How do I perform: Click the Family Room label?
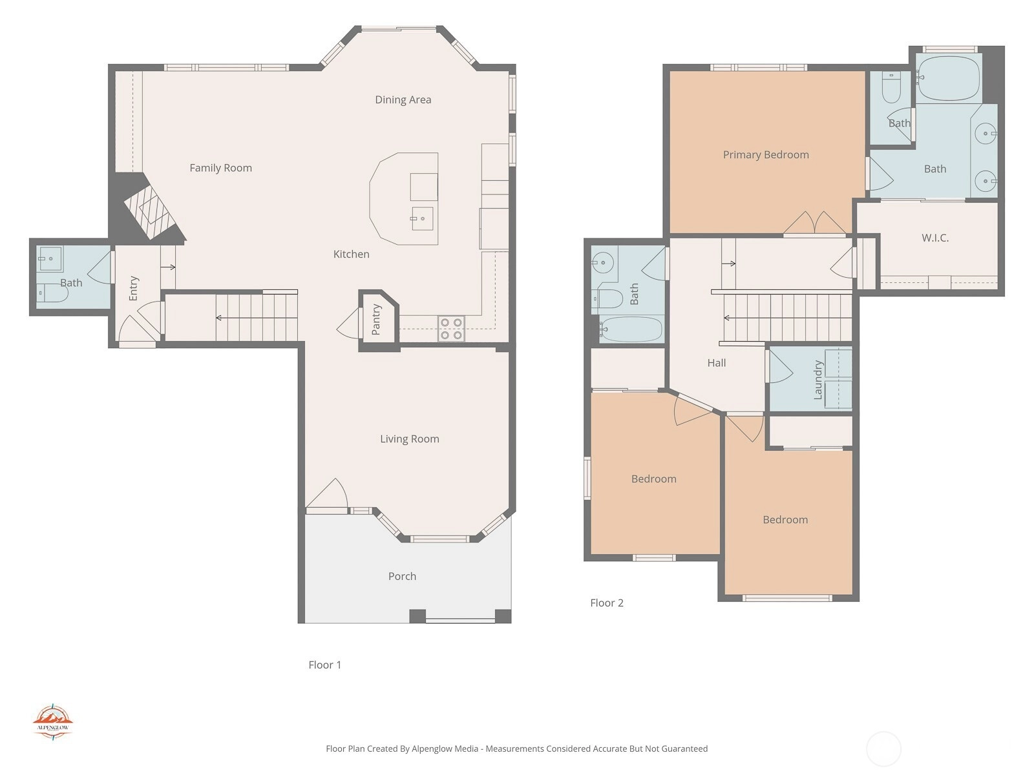(x=220, y=168)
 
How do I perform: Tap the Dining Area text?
(x=403, y=99)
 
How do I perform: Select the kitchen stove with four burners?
(x=451, y=329)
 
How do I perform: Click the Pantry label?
(x=376, y=320)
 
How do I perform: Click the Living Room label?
(x=409, y=439)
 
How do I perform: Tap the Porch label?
(x=402, y=576)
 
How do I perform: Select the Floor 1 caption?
(x=324, y=665)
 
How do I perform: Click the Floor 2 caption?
(x=607, y=603)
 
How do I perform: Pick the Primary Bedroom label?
(x=766, y=155)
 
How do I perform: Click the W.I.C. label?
(x=935, y=238)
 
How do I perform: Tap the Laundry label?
(x=818, y=380)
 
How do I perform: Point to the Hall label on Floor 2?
(x=717, y=363)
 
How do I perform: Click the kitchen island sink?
(x=422, y=219)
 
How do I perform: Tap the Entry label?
(x=133, y=289)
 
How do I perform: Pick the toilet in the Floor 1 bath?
(x=53, y=294)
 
